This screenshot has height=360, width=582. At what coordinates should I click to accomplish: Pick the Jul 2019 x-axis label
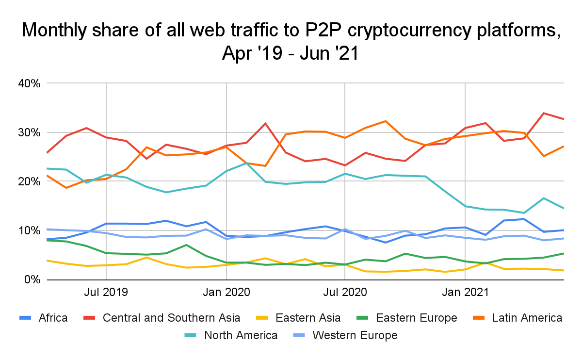pos(106,293)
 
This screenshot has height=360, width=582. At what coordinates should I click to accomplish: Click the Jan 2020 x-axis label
pos(226,293)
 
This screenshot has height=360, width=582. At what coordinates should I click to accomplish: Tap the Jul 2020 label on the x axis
pos(344,293)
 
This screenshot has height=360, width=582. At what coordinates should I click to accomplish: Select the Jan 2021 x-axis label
pos(465,293)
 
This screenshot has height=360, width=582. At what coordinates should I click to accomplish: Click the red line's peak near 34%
pos(544,113)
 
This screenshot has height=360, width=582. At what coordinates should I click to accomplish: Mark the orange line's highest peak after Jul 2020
pos(385,121)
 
